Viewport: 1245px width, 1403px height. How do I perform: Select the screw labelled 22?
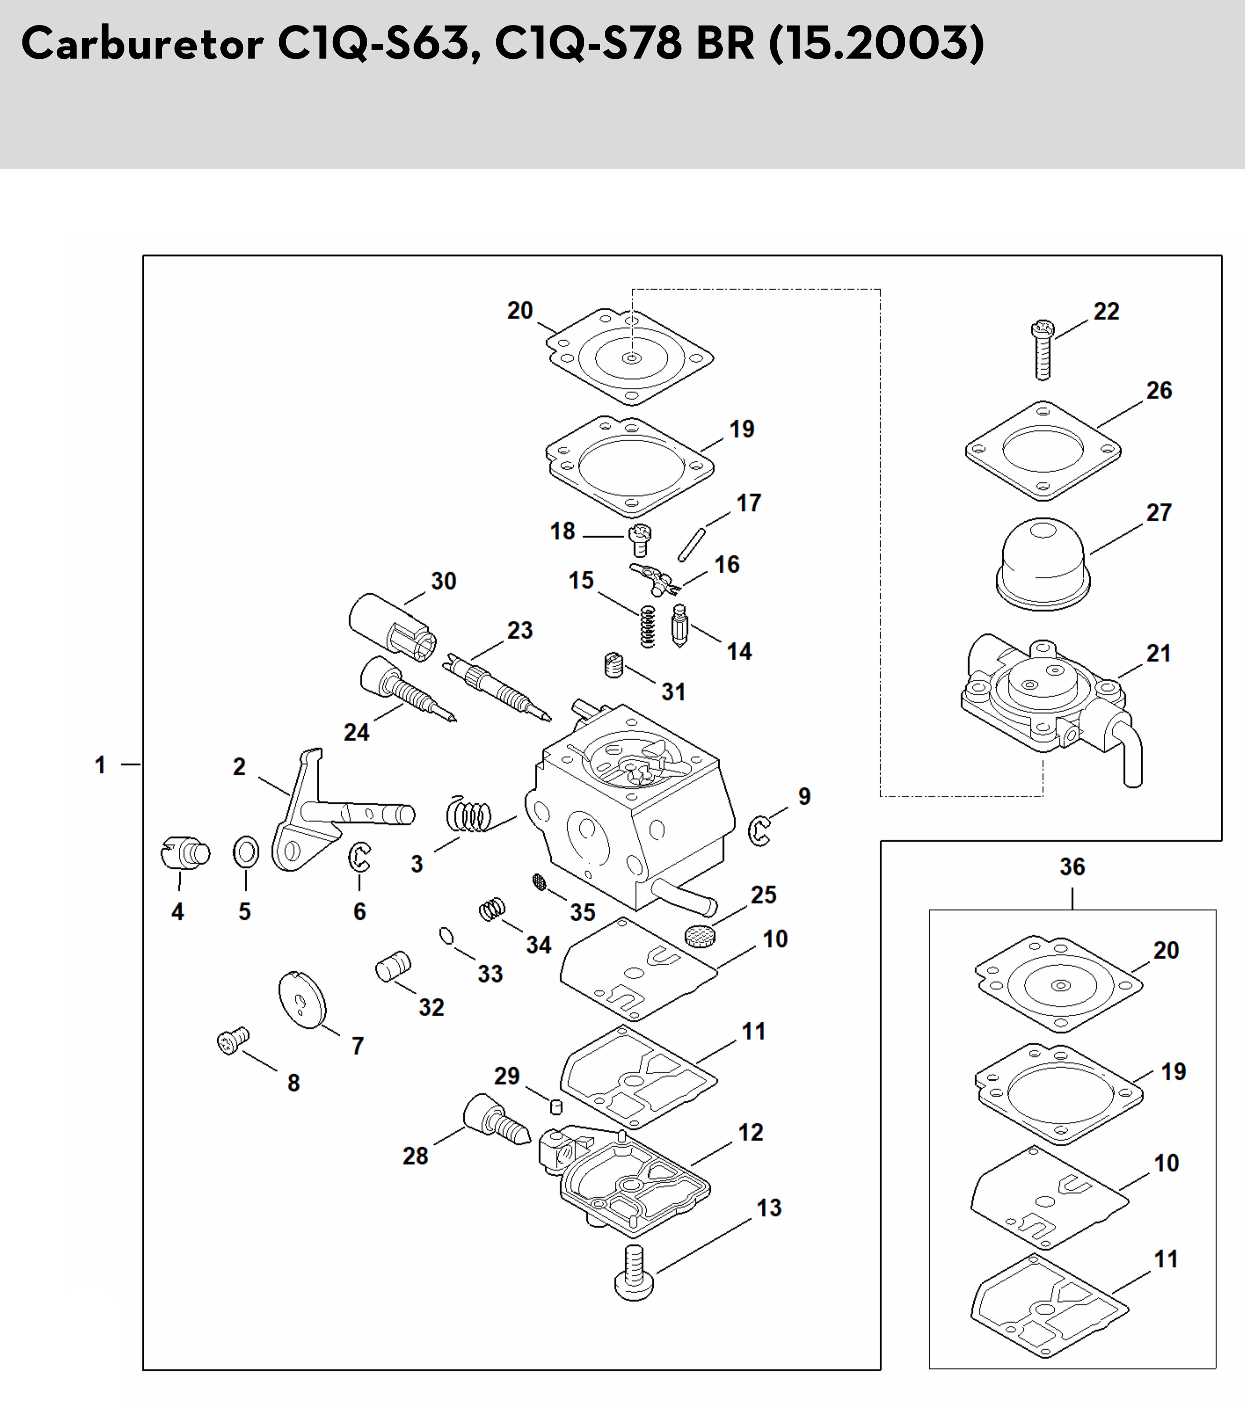pos(1042,350)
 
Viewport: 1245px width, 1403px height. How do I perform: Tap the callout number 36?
pos(1072,867)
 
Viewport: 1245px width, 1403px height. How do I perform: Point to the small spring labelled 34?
pos(491,910)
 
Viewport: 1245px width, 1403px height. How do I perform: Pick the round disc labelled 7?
pos(302,1000)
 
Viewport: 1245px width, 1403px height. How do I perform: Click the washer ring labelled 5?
pos(246,853)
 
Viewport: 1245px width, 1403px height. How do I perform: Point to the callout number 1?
pos(100,765)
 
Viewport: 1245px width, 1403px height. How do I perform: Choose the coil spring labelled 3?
pos(469,814)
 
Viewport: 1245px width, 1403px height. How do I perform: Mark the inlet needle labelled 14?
pos(679,626)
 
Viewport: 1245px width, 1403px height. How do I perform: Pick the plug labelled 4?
pos(185,853)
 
